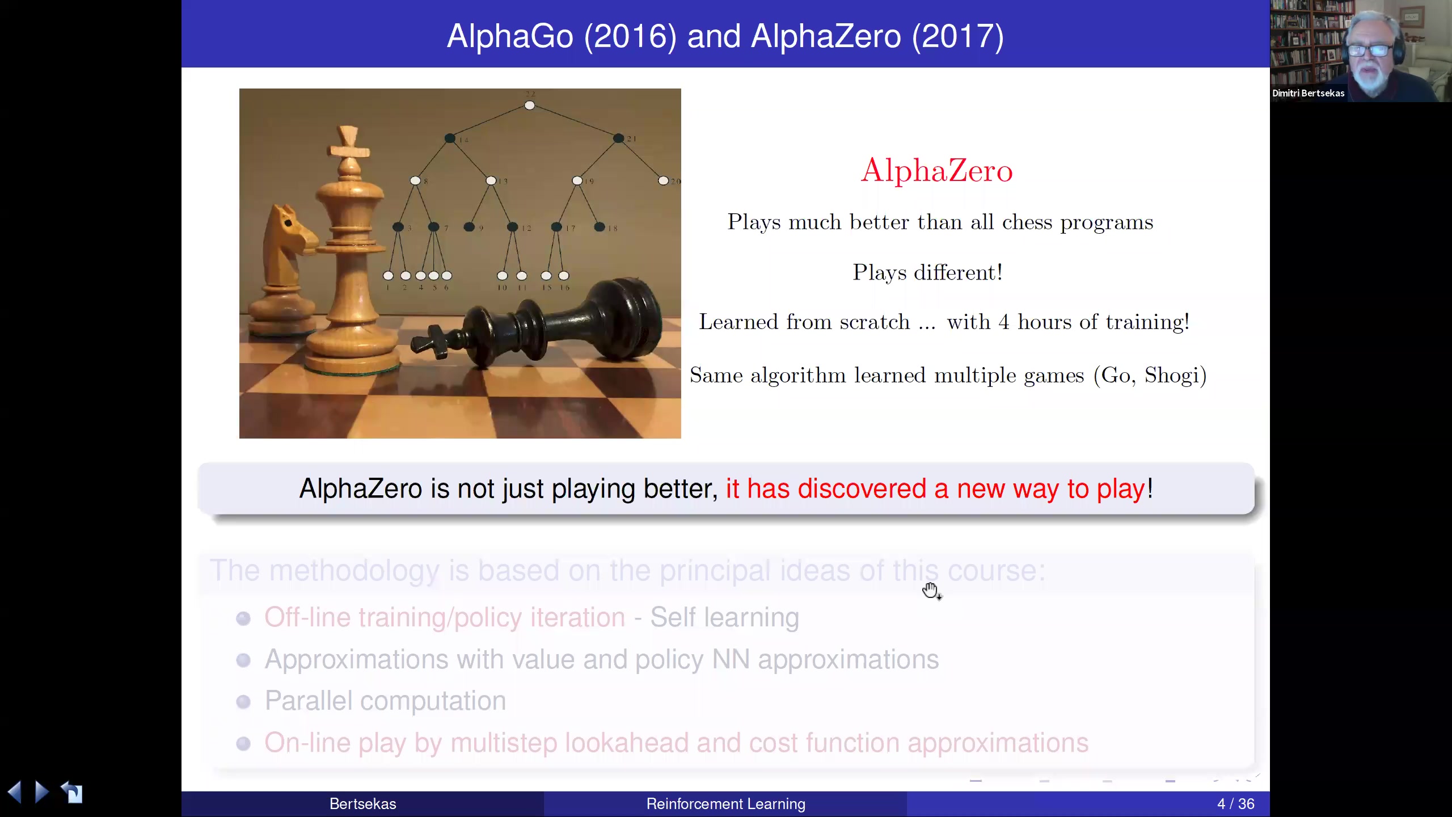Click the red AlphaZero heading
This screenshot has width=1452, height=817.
pyautogui.click(x=936, y=170)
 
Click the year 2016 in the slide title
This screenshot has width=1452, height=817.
pyautogui.click(x=630, y=36)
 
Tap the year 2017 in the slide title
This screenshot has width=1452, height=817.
pyautogui.click(x=957, y=36)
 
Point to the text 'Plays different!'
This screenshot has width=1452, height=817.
pyautogui.click(x=927, y=273)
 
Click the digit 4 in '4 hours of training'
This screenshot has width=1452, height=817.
pyautogui.click(x=1003, y=322)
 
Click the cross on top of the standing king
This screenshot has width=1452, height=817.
pyautogui.click(x=348, y=142)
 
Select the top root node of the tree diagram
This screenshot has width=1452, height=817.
pyautogui.click(x=529, y=106)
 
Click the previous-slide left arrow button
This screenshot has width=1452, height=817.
pyautogui.click(x=15, y=791)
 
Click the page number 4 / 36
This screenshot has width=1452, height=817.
pyautogui.click(x=1235, y=804)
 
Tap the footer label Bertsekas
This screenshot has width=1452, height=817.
pyautogui.click(x=362, y=804)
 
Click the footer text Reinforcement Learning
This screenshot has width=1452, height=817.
pyautogui.click(x=725, y=804)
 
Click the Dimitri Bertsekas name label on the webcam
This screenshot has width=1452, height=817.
pyautogui.click(x=1308, y=94)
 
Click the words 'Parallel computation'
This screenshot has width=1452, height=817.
pyautogui.click(x=385, y=701)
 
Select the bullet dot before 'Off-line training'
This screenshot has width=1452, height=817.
pyautogui.click(x=243, y=618)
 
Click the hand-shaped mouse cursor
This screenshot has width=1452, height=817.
pyautogui.click(x=930, y=590)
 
